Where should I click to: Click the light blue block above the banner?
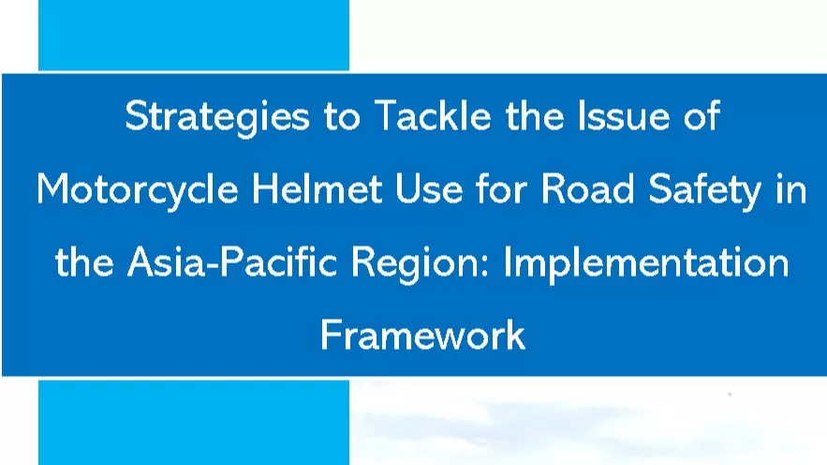193,35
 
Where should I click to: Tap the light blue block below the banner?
193,421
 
